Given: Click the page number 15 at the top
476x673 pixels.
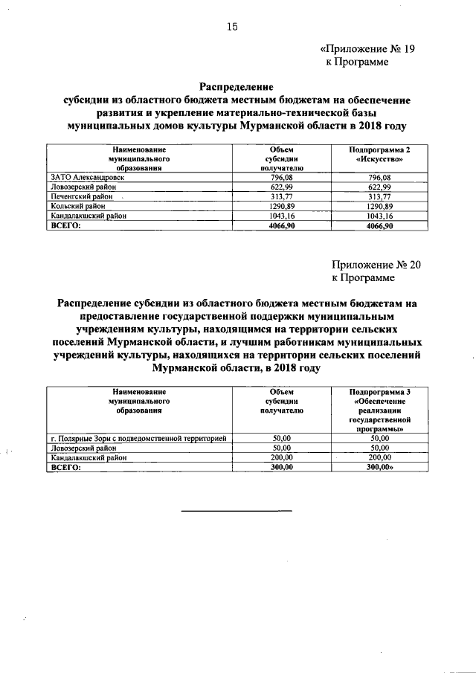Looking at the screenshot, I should click(x=231, y=27).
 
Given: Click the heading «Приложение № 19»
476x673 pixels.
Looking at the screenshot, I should click(x=367, y=48).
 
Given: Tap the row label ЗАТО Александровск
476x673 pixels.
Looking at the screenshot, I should click(x=88, y=178).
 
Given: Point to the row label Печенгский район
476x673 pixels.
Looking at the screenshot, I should click(x=80, y=197).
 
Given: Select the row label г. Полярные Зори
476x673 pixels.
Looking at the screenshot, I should click(x=137, y=439).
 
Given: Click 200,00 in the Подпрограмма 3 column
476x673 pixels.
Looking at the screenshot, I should click(x=379, y=458).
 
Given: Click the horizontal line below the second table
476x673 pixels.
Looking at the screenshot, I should click(x=238, y=509).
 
